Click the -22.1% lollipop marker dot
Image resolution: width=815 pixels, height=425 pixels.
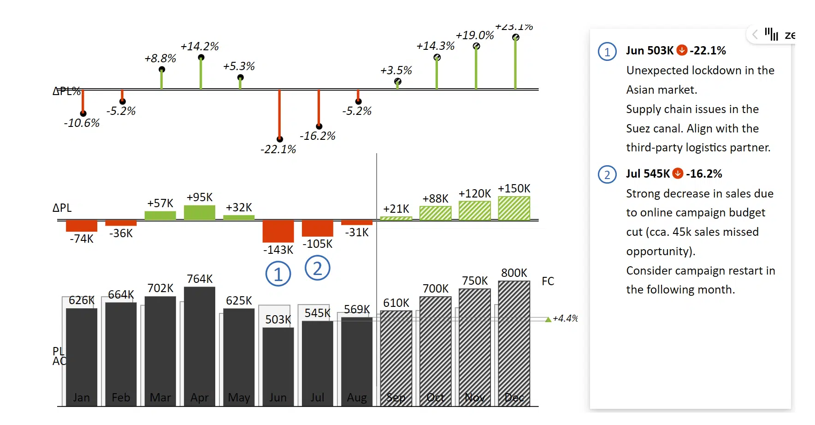point(280,139)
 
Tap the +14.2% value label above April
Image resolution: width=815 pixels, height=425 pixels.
point(200,47)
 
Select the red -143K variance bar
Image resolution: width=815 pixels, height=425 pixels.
point(278,231)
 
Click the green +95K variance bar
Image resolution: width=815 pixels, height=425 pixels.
point(200,212)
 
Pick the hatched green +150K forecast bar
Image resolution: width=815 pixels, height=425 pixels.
point(514,208)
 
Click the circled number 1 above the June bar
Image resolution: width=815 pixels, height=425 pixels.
point(278,274)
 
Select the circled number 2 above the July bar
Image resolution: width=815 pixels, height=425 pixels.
point(318,268)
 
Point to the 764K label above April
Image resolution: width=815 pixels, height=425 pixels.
point(200,279)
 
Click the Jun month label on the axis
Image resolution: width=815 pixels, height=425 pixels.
point(278,397)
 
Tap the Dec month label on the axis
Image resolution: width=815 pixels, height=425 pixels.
point(514,397)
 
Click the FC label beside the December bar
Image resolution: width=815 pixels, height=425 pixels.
point(548,281)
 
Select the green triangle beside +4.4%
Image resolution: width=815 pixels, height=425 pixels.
point(548,319)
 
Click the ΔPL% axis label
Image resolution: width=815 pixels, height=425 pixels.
point(66,91)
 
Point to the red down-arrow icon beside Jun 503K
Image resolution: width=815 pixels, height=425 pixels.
point(682,50)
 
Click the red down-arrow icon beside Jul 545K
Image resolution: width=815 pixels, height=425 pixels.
point(678,174)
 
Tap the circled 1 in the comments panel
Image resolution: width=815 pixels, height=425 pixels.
point(607,52)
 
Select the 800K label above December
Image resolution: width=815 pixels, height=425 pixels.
point(514,273)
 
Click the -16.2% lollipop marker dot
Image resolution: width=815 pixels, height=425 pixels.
point(319,126)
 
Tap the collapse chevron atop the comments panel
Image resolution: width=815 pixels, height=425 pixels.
point(755,35)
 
